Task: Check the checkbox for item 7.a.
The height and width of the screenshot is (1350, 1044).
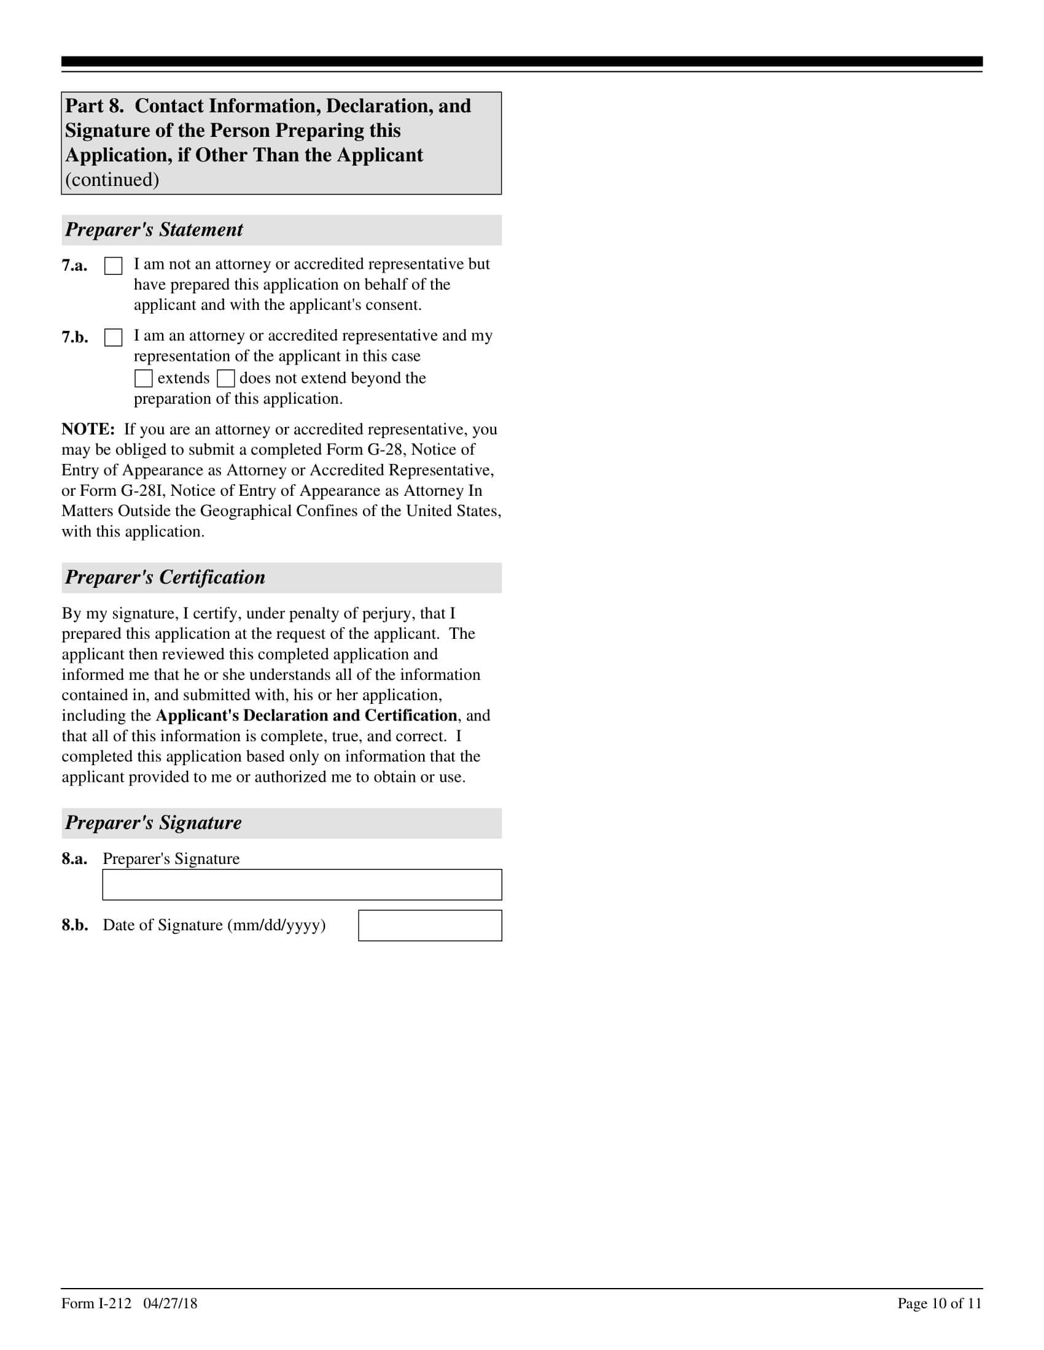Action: tap(113, 266)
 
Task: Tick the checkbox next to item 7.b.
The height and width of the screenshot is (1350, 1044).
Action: tap(113, 337)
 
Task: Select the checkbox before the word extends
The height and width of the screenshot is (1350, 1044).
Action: tap(144, 378)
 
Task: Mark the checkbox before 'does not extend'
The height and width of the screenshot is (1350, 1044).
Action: tap(226, 378)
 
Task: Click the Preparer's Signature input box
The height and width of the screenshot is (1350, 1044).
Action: tap(302, 884)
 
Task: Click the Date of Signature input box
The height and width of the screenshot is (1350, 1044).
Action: tap(430, 925)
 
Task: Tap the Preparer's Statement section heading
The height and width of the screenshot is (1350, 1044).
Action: tap(154, 230)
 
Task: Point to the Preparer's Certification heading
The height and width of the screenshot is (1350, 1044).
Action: tap(165, 577)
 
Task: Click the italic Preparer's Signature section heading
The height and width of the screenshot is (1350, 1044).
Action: tap(154, 823)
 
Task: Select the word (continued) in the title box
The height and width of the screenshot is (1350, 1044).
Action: tap(112, 180)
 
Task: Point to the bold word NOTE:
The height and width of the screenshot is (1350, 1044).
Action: tap(88, 430)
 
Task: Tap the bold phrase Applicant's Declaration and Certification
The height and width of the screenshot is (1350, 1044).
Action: tap(306, 715)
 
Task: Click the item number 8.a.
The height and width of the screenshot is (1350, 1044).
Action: tap(74, 859)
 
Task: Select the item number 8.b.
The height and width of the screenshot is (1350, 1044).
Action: tap(74, 925)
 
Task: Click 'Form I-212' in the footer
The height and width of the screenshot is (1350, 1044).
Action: tap(96, 1303)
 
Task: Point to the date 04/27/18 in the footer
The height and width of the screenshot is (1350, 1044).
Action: tap(170, 1303)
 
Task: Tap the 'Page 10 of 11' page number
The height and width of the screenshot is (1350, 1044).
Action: tap(940, 1303)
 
